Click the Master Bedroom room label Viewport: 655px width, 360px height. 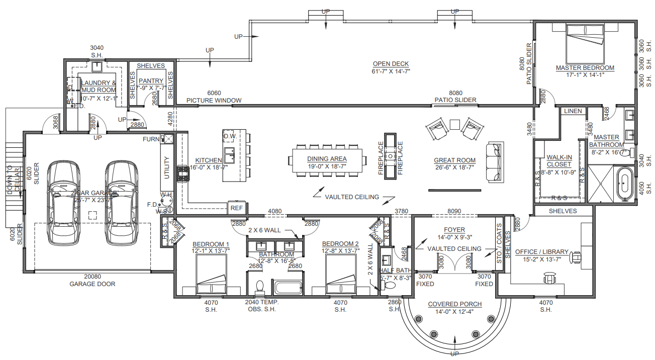585,68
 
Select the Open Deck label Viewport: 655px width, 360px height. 391,64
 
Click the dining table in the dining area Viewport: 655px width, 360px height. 327,160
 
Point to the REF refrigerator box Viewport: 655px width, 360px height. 236,208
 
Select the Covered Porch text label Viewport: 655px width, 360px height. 454,304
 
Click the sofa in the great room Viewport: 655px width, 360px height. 494,162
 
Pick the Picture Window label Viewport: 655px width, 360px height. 214,100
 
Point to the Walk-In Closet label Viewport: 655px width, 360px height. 558,161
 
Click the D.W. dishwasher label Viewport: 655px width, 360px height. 230,136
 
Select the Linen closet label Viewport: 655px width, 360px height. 573,111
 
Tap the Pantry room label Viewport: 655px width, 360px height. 151,81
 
